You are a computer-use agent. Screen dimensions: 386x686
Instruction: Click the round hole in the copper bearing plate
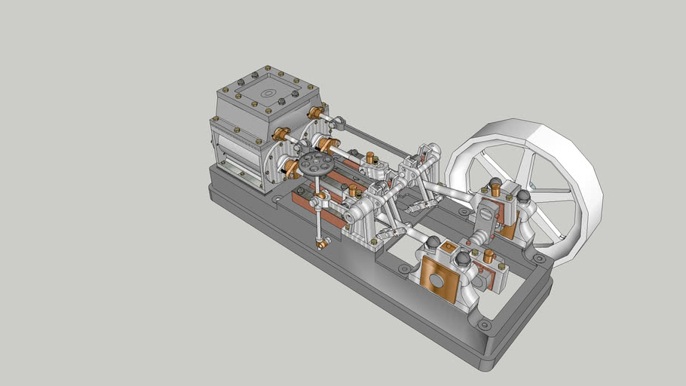pos(436,280)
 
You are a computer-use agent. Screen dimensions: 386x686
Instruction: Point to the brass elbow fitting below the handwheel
pos(323,243)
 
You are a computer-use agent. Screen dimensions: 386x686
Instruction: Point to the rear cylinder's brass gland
pos(317,113)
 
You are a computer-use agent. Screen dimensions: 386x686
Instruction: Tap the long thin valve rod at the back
pos(377,138)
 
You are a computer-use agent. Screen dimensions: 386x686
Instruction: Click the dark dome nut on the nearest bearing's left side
pos(433,244)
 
